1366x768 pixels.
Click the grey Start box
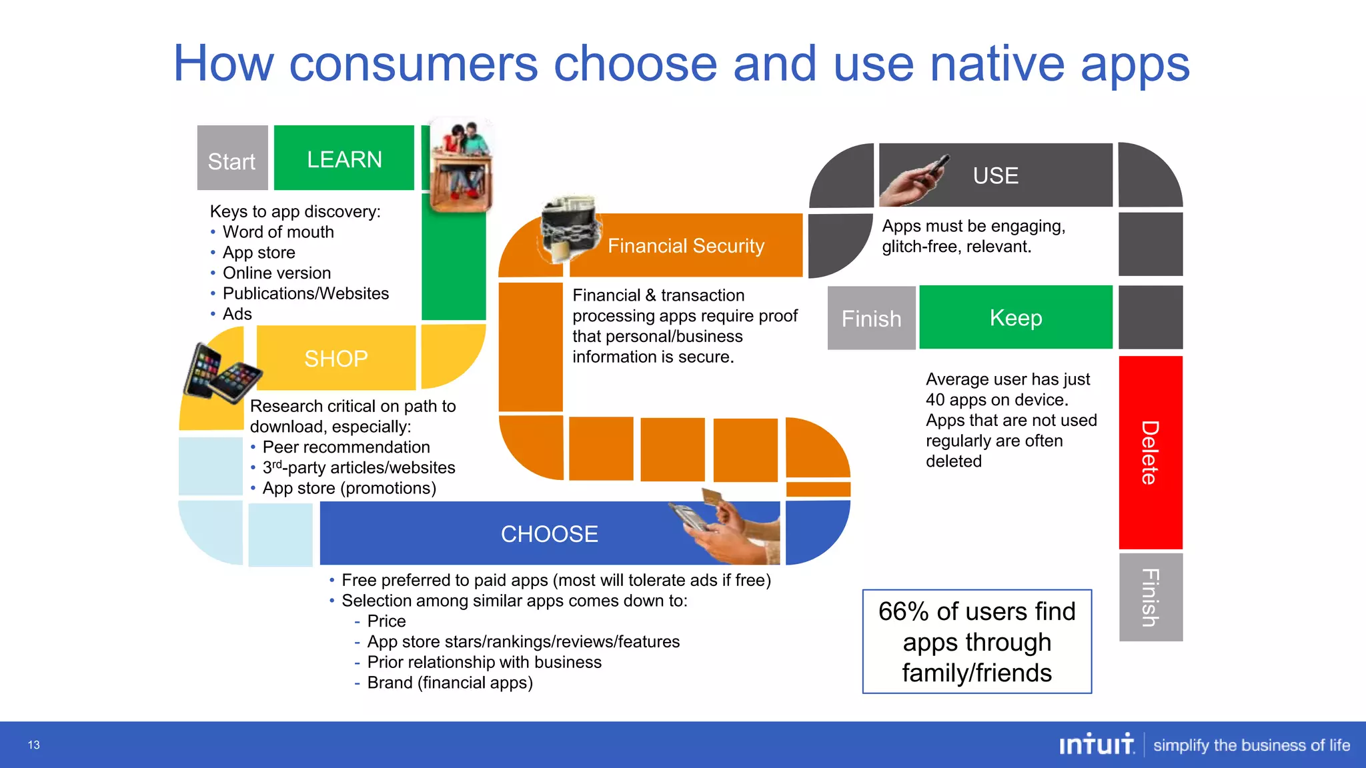click(232, 158)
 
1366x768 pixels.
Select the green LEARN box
click(344, 159)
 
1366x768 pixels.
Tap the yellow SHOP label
click(335, 359)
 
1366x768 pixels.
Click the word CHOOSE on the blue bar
click(549, 534)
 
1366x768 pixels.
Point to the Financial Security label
click(686, 246)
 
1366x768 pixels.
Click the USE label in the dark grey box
click(995, 175)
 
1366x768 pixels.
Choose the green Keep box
click(1015, 317)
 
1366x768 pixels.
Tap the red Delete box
click(1151, 453)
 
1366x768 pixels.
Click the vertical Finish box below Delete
click(1151, 597)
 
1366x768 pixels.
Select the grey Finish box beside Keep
click(871, 319)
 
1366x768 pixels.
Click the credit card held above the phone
click(713, 497)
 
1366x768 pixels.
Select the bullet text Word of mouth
click(278, 232)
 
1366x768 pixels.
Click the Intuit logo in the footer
click(1096, 745)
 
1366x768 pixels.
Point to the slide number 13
click(34, 745)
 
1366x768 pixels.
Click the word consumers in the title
click(414, 64)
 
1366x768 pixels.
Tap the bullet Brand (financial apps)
click(450, 683)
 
